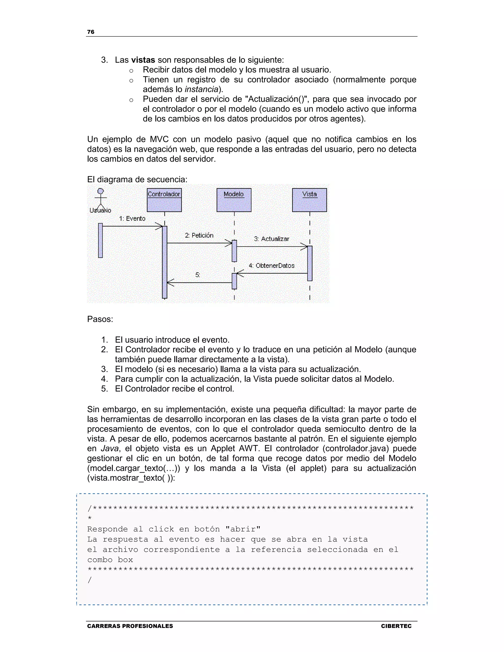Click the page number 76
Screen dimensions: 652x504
tap(91, 32)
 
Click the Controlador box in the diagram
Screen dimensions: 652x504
tap(164, 200)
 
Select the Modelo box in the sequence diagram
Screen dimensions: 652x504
tap(234, 200)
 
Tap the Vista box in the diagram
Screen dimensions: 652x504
tap(309, 200)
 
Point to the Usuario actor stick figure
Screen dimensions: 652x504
tap(101, 199)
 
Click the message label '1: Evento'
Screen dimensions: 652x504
tap(132, 218)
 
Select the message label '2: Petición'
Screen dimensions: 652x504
tap(199, 235)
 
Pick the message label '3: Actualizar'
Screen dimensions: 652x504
tap(271, 239)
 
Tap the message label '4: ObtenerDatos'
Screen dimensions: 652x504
tap(271, 265)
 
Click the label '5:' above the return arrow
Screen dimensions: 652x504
tap(198, 275)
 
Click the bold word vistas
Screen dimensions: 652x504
tap(143, 60)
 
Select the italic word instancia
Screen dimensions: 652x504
tap(202, 89)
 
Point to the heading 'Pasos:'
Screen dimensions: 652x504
tap(100, 319)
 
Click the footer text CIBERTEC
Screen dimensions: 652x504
tap(396, 626)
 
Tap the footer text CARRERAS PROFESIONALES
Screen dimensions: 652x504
tap(130, 626)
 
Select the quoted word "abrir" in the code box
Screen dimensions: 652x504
tap(243, 529)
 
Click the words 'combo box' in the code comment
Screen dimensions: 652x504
tap(110, 559)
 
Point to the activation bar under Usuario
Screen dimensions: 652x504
tap(100, 240)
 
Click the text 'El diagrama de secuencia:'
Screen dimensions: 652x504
tap(137, 179)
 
